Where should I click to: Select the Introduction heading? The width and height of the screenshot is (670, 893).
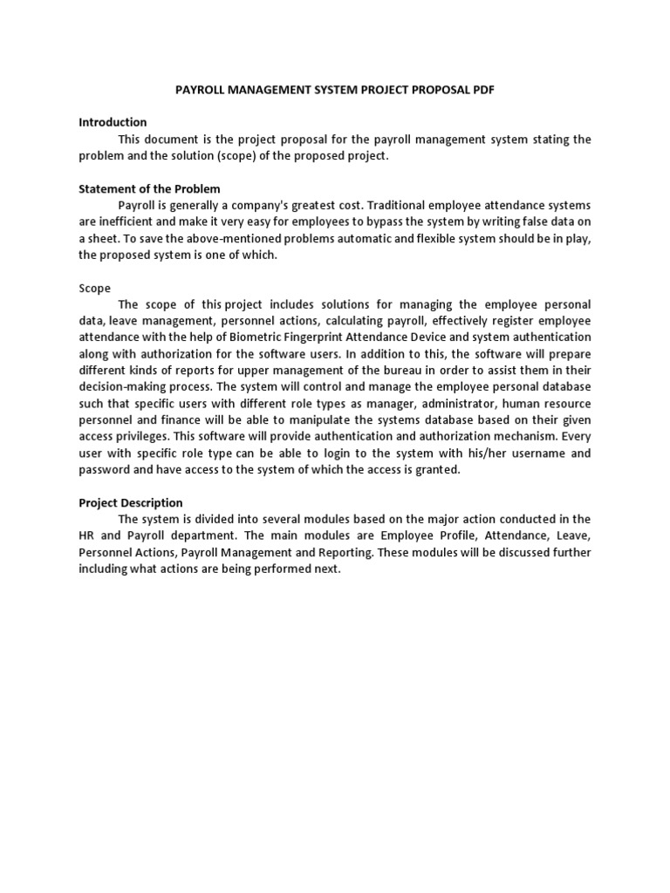113,122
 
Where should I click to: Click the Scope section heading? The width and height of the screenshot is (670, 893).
95,288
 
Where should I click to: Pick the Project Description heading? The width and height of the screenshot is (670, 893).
131,502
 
